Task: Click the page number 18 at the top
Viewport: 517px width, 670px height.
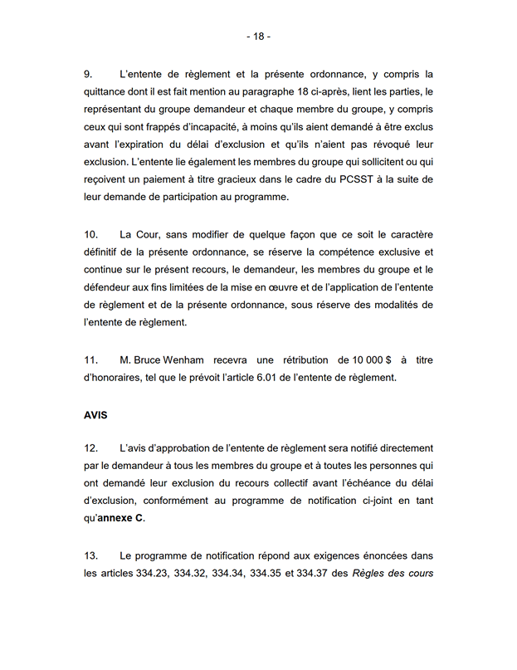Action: [258, 37]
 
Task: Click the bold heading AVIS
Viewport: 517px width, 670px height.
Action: [96, 413]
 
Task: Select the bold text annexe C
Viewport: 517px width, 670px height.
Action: [123, 520]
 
